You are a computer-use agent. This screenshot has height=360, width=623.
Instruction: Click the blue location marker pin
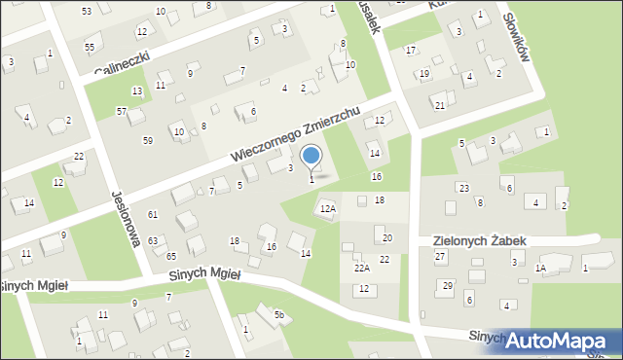[311, 157]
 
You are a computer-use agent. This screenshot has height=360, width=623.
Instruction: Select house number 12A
[328, 208]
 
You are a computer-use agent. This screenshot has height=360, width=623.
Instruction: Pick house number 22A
[361, 268]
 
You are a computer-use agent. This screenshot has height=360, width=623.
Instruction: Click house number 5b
[278, 314]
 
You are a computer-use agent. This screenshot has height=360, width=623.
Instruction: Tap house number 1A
[540, 268]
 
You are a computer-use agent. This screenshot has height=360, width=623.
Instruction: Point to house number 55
[90, 48]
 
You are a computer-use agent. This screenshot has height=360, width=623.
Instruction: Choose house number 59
[147, 141]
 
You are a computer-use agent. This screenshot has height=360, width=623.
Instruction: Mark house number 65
[170, 256]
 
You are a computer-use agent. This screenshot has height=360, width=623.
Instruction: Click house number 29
[447, 285]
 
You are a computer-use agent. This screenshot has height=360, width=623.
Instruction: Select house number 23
[464, 188]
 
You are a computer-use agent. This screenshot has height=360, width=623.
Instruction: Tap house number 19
[424, 74]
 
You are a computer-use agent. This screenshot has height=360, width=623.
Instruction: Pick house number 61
[152, 214]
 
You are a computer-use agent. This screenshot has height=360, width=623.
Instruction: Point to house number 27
[440, 256]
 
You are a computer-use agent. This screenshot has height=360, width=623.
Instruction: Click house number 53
[87, 11]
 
